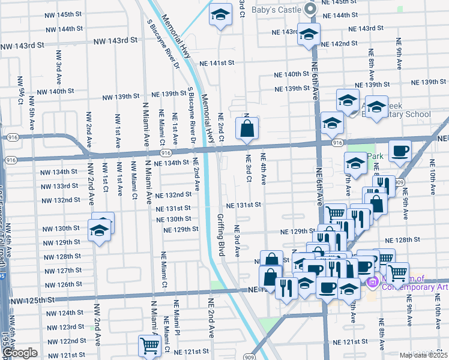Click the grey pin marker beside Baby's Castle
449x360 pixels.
coord(309,8)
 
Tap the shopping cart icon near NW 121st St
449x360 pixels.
coord(149,345)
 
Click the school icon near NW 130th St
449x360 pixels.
coord(100,230)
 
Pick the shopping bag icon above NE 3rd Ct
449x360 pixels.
coord(247,128)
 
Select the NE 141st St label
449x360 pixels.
coord(216,63)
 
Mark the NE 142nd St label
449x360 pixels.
coord(339,44)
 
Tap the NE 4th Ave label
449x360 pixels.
coord(262,168)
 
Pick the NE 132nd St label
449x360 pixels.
coord(173,195)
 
